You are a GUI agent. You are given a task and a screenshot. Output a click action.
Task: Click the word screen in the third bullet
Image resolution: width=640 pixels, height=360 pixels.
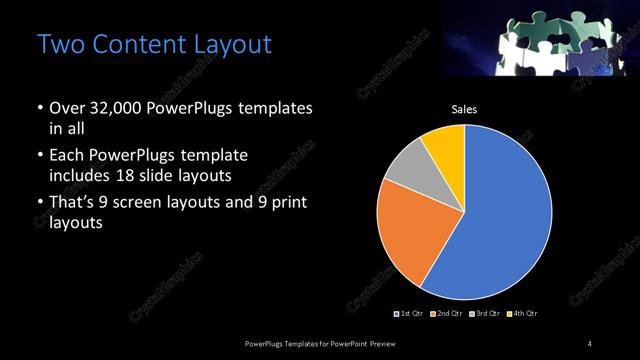click(x=160, y=204)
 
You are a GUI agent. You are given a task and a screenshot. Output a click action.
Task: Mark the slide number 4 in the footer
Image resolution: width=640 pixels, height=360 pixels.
click(x=589, y=344)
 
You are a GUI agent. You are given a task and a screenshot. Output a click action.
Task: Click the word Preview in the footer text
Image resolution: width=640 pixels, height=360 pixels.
click(x=394, y=344)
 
